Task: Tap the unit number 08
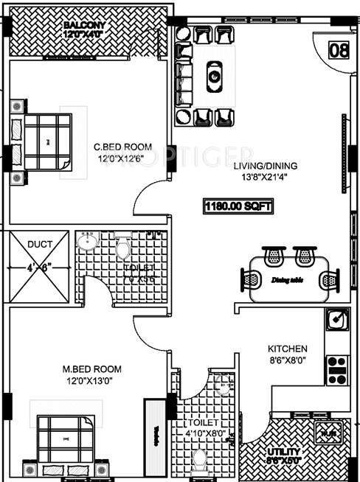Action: (339, 51)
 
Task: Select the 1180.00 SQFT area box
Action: (238, 206)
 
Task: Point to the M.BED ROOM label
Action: (93, 369)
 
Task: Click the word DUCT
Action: (39, 242)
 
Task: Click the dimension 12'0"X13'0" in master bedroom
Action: (93, 381)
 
